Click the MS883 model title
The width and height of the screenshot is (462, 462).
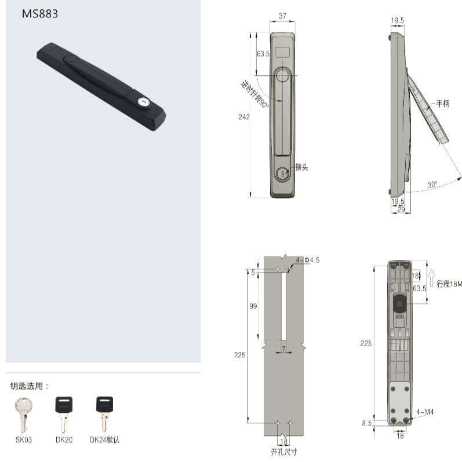40,14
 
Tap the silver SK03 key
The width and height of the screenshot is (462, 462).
23,415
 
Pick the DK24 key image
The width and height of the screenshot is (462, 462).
104,413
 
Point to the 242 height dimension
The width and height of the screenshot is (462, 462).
243,117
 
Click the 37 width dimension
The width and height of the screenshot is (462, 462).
282,16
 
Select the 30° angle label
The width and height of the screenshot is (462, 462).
432,184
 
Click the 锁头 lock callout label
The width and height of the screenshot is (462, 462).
301,167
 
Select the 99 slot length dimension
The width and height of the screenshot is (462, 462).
253,307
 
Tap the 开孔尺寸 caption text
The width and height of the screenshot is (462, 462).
283,452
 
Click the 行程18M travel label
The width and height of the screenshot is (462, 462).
449,284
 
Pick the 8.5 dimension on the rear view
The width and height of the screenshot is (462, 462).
367,423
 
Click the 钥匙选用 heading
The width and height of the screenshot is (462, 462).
30,386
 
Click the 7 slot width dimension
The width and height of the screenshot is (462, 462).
283,349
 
